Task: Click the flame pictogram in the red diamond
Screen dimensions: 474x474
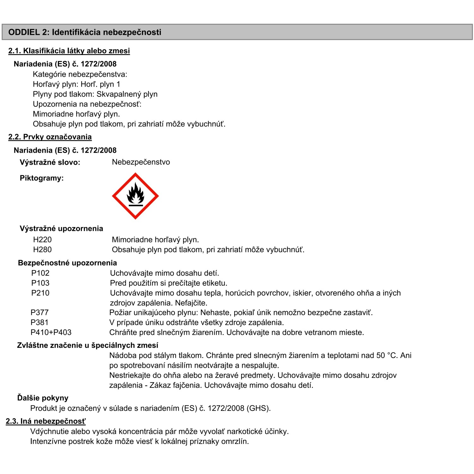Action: tap(135, 196)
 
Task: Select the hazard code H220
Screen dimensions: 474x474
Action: tap(42, 240)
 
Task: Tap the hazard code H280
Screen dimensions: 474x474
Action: tap(42, 250)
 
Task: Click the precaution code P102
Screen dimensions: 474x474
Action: tap(40, 273)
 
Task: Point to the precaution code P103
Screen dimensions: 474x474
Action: tap(40, 283)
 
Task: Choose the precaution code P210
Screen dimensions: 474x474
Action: tap(40, 293)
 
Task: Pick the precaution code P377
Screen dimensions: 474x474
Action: tap(39, 313)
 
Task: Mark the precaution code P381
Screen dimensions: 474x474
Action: tap(39, 323)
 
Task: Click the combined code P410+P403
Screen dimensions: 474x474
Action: tap(51, 332)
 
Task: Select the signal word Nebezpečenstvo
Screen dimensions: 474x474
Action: tap(141, 162)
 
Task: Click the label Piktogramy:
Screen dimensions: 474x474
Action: tap(42, 178)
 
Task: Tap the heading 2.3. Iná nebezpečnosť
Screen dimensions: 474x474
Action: tap(46, 421)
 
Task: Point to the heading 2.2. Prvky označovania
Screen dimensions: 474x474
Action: tap(50, 137)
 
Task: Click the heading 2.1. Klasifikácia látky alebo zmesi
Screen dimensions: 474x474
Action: tap(69, 51)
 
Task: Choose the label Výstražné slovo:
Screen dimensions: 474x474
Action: tap(50, 162)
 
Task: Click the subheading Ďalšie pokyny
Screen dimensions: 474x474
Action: tap(43, 398)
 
